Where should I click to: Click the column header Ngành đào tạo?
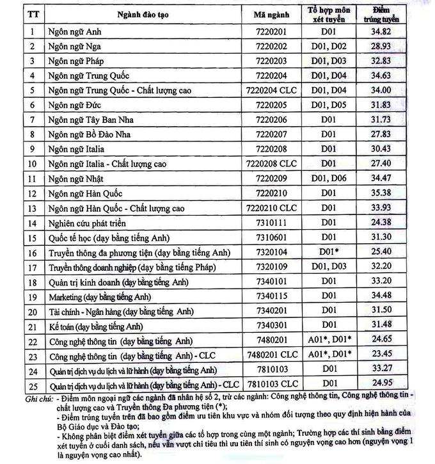[x=141, y=14]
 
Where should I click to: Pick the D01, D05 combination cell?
[x=328, y=105]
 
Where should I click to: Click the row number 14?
[x=31, y=223]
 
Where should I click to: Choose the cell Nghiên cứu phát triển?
[x=86, y=223]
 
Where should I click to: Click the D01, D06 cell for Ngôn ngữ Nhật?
[x=328, y=178]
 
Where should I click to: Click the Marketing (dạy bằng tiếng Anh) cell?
[x=99, y=296]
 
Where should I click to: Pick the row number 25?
[x=31, y=385]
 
